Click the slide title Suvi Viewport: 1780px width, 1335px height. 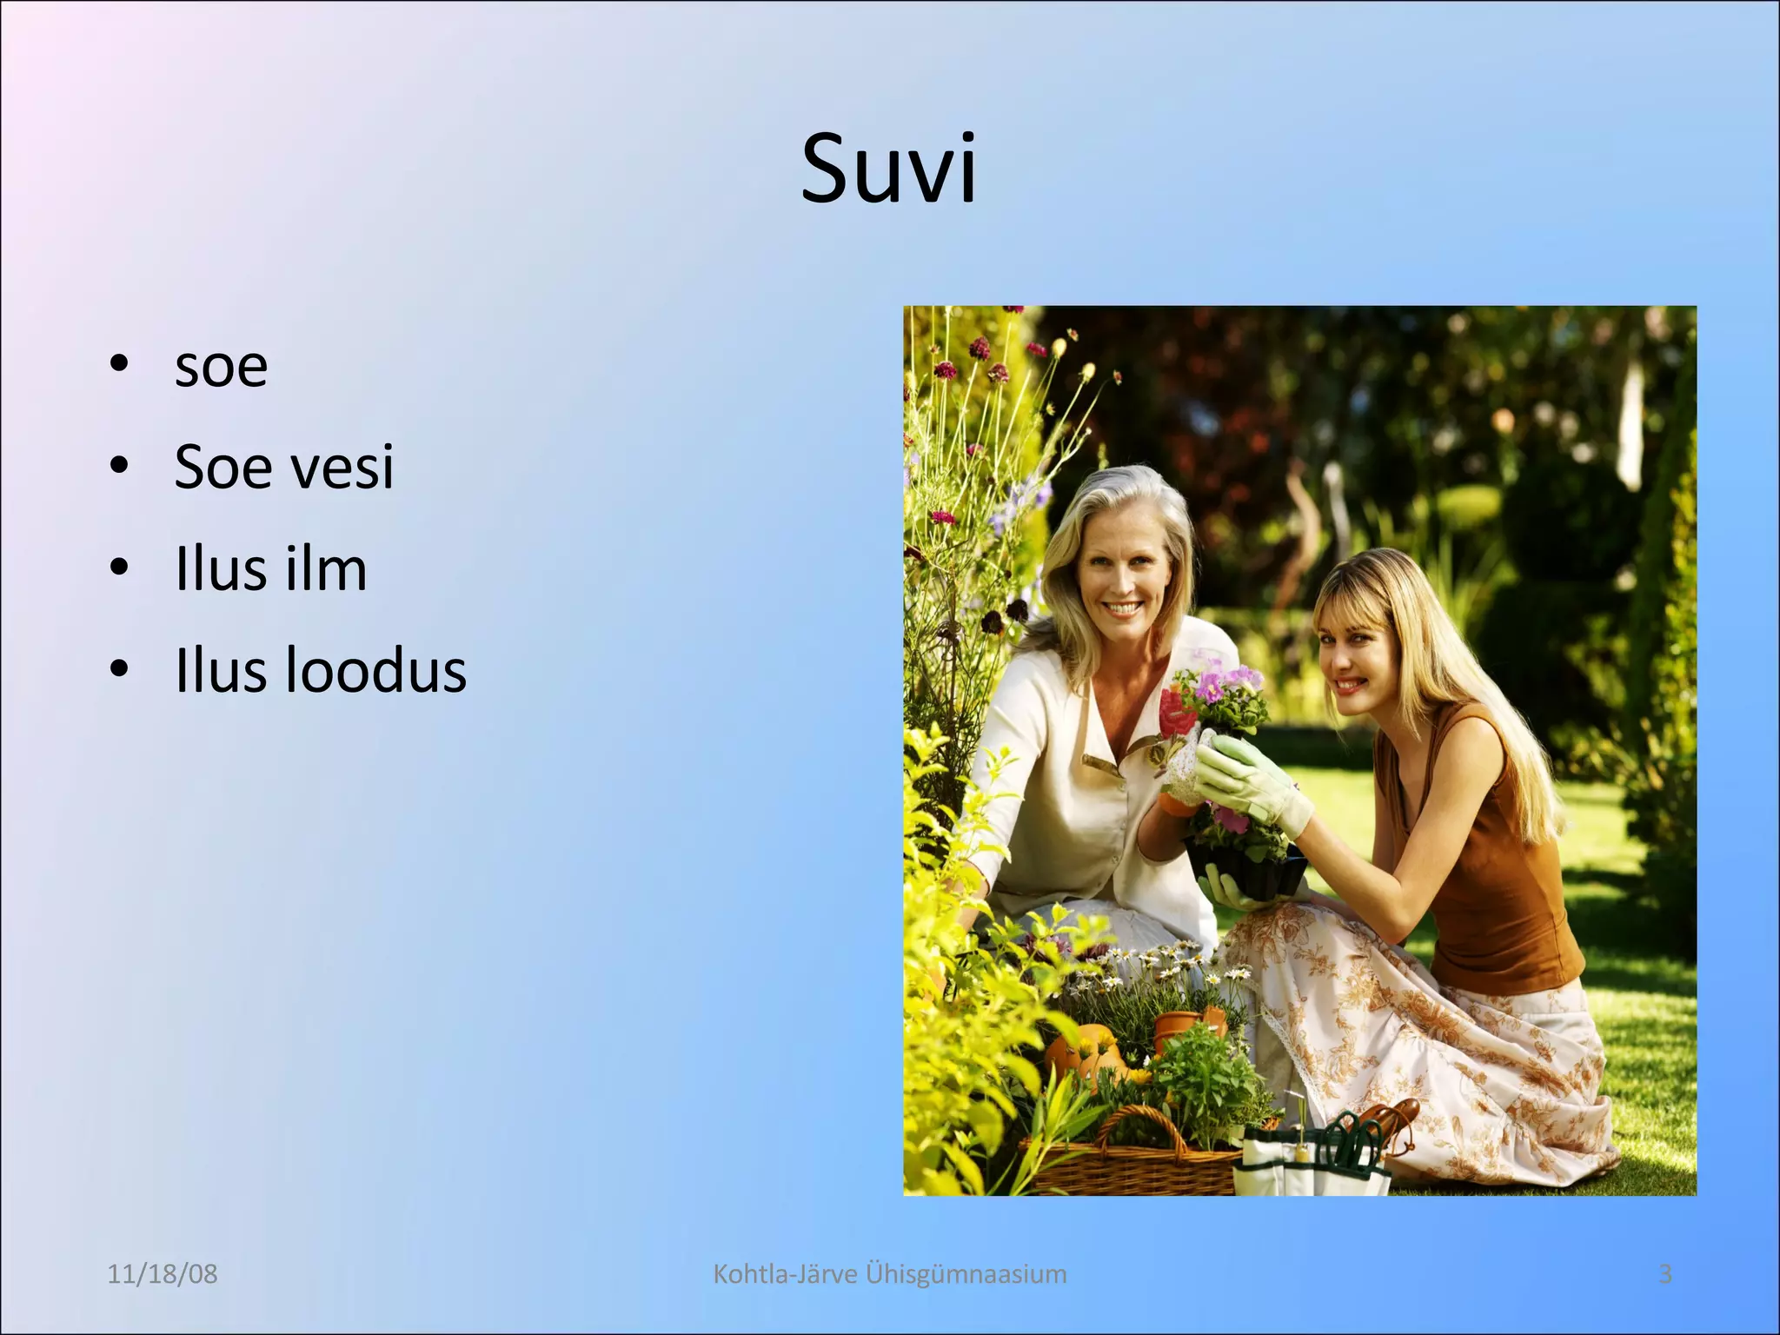point(888,169)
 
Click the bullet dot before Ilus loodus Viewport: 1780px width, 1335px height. point(120,669)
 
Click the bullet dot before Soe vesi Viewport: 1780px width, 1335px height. point(120,465)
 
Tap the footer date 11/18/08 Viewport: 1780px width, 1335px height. point(162,1274)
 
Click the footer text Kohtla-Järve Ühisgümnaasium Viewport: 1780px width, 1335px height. point(889,1274)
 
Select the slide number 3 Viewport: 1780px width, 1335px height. point(1665,1274)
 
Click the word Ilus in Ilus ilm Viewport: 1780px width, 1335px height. point(215,569)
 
